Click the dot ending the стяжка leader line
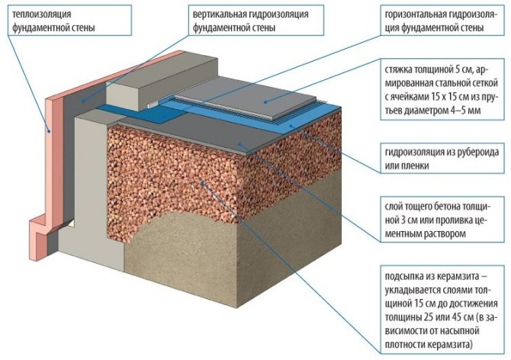tap(265, 100)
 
